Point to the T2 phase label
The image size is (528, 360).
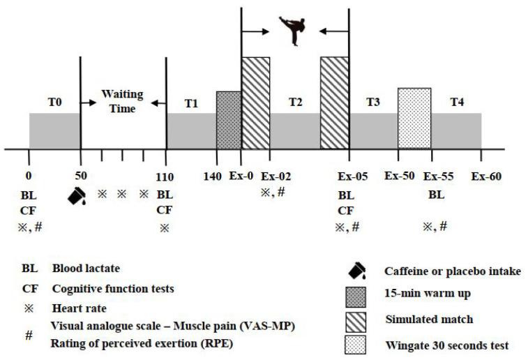296,102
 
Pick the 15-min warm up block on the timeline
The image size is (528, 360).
228,119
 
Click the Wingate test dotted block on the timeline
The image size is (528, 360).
414,118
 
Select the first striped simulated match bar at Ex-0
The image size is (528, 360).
255,103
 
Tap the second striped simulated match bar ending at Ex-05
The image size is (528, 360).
334,103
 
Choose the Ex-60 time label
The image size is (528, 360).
485,177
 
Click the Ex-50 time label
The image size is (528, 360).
400,177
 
